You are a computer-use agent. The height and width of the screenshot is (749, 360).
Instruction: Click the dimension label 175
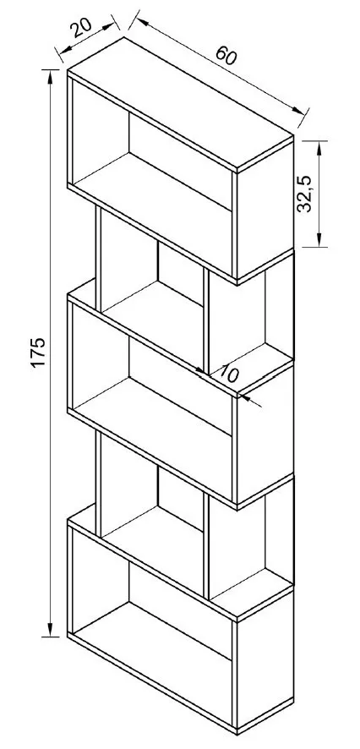tap(39, 353)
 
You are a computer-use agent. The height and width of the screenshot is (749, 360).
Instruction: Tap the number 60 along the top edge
tap(226, 57)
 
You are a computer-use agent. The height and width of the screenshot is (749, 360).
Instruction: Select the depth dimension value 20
tap(82, 28)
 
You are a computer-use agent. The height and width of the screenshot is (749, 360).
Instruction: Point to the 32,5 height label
tap(304, 193)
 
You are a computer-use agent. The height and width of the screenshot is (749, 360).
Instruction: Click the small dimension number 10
tap(228, 374)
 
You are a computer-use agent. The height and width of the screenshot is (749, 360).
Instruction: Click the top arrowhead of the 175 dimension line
tap(50, 76)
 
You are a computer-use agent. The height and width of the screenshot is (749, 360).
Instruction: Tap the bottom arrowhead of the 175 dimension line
tap(50, 630)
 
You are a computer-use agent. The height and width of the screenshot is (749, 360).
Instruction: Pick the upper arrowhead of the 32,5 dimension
tap(319, 148)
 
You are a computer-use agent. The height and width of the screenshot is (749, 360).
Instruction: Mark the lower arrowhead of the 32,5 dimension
tap(319, 240)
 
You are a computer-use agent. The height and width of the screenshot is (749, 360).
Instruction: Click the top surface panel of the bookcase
tap(181, 102)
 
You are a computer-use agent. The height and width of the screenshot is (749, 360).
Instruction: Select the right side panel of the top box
tap(265, 210)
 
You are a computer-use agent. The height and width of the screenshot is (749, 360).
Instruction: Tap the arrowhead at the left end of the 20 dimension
tap(65, 48)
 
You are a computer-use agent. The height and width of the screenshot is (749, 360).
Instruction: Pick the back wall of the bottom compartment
tap(180, 610)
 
